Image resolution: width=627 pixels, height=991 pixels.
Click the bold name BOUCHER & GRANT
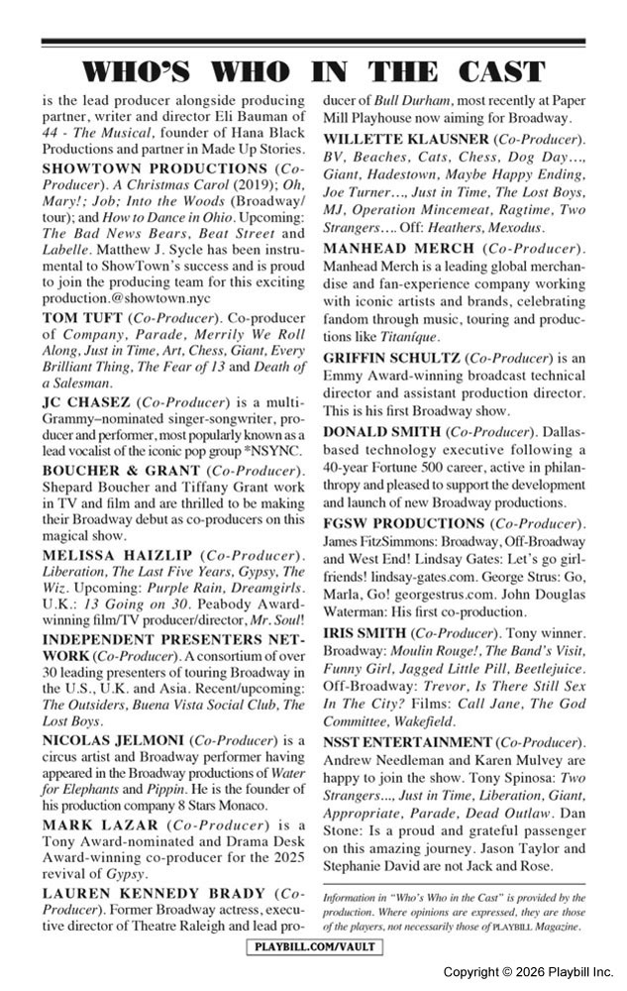point(114,471)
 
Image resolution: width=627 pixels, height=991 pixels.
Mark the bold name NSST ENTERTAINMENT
point(407,742)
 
